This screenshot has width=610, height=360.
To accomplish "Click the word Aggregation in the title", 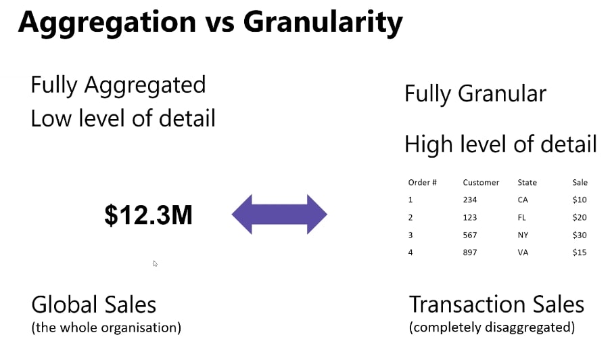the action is [x=107, y=22].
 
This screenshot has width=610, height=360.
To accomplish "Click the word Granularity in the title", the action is [x=323, y=22].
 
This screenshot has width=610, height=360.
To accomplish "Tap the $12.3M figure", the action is [x=149, y=215].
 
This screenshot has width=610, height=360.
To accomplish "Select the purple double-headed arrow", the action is [x=279, y=215].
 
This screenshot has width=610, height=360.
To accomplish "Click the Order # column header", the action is [x=423, y=183].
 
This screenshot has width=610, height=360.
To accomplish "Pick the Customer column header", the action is [x=481, y=183].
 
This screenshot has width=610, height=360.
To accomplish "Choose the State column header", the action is [x=527, y=183].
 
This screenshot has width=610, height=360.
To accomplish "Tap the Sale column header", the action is [x=580, y=183].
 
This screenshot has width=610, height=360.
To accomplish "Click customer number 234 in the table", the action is [x=470, y=200].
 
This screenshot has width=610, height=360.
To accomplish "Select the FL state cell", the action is [x=521, y=218].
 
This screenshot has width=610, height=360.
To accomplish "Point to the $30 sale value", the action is [x=580, y=235].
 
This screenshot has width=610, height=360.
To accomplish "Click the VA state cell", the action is [x=523, y=252].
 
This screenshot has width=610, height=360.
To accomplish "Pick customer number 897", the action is [x=470, y=252].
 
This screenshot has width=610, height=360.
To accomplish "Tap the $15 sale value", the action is [x=580, y=252].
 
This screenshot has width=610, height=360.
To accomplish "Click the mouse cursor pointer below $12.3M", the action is [x=156, y=263].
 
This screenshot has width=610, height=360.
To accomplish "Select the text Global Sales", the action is [x=94, y=305].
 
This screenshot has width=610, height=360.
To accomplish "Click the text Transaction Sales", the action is [x=497, y=305].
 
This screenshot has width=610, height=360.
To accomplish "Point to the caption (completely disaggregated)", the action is [x=492, y=328].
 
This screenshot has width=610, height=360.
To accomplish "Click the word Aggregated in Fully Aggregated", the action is [x=145, y=86].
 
